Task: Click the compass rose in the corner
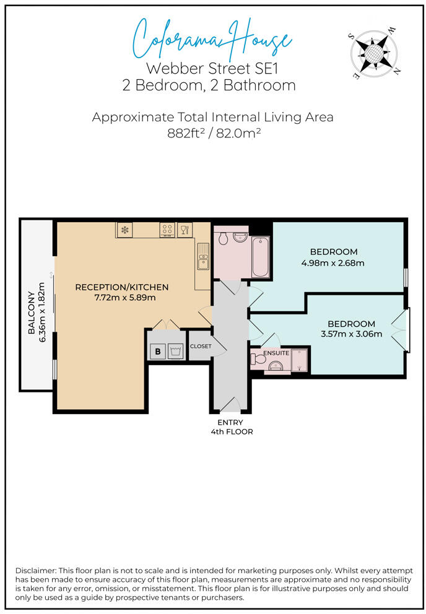(x=373, y=53)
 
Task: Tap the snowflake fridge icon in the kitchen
(x=124, y=230)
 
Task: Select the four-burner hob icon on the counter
(x=167, y=230)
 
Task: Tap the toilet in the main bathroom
(x=224, y=237)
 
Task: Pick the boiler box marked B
(x=157, y=351)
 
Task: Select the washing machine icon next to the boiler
(x=175, y=351)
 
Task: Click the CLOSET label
(x=201, y=346)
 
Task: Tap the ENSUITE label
(x=276, y=353)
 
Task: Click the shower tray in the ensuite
(x=300, y=360)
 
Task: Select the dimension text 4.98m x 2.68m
(x=333, y=263)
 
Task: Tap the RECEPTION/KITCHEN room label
(x=122, y=287)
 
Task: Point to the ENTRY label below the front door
(x=230, y=423)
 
